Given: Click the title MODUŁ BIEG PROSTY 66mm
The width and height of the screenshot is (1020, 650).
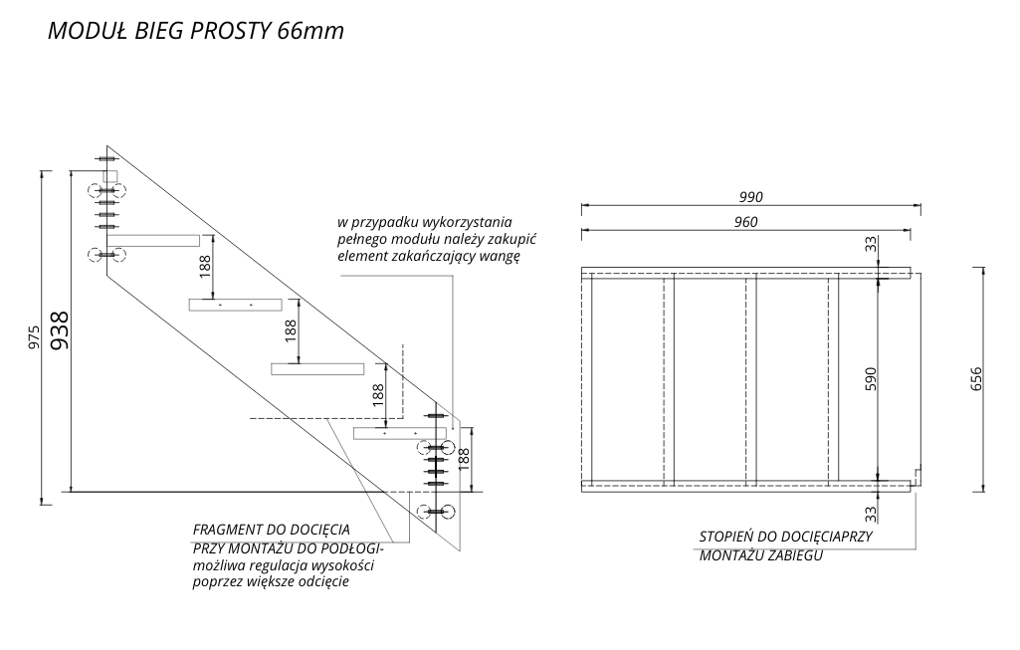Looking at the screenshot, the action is [196, 31].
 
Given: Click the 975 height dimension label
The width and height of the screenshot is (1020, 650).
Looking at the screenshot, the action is [34, 337].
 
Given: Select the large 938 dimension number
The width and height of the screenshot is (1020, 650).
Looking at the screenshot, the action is [59, 329].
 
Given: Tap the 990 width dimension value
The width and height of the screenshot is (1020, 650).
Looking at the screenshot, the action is [750, 196].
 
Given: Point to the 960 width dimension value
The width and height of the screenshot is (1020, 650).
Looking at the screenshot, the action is [746, 222].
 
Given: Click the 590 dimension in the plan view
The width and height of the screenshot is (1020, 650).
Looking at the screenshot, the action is [871, 378].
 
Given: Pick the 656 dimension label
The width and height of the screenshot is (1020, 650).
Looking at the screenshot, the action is [976, 378].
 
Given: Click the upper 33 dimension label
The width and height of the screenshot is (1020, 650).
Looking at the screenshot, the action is [871, 245].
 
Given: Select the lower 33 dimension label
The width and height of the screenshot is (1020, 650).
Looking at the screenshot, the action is [871, 514].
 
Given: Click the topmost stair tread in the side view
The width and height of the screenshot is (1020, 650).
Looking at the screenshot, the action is [153, 241].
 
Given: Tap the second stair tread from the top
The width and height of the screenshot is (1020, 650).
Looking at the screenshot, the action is [236, 305].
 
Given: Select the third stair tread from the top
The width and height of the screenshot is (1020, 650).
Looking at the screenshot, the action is [317, 369].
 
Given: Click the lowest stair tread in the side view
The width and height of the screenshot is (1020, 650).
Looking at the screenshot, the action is [399, 433].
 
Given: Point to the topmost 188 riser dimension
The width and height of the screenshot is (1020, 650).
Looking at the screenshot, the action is [206, 267].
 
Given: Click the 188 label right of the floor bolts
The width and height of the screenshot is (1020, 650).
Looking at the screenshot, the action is [463, 459].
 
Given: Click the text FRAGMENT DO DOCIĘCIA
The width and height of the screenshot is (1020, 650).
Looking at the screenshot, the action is [272, 530].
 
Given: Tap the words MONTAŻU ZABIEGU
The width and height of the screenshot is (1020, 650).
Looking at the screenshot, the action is [761, 555].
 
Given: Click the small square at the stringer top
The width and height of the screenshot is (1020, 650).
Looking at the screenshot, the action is [109, 175].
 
